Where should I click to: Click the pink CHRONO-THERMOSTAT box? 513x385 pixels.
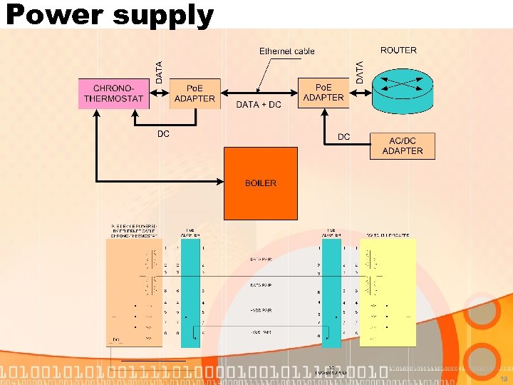[x=113, y=93]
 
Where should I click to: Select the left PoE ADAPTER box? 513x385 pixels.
[x=195, y=93]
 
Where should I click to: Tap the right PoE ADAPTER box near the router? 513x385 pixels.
[x=323, y=93]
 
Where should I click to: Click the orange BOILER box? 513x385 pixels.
[x=260, y=183]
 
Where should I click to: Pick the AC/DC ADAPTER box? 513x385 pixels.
[x=403, y=145]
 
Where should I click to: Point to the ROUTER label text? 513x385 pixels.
[x=398, y=50]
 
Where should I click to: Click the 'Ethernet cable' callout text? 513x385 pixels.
[x=286, y=51]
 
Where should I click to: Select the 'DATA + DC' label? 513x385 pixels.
[x=259, y=105]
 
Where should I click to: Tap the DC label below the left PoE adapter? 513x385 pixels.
[x=163, y=134]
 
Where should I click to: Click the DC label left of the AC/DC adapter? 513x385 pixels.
[x=343, y=137]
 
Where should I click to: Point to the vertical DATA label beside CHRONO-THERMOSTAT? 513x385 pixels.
[x=159, y=72]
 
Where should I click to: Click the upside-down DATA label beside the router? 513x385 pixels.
[x=359, y=72]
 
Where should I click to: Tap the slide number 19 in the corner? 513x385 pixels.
[x=502, y=369]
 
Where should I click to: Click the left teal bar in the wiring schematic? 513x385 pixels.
[x=190, y=292]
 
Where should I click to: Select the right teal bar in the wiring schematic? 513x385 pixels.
[x=331, y=292]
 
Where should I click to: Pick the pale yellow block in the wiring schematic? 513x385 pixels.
[x=388, y=292]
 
